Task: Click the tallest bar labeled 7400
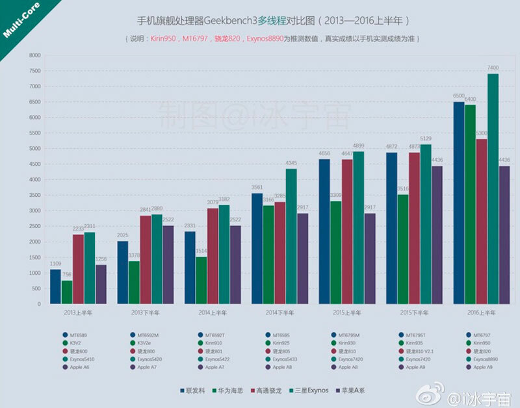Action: pyautogui.click(x=493, y=188)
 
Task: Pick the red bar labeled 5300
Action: pyautogui.click(x=482, y=221)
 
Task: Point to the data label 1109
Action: pyautogui.click(x=55, y=264)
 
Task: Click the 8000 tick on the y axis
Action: pyautogui.click(x=34, y=55)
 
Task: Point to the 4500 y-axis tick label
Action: pyautogui.click(x=34, y=164)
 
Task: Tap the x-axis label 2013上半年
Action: pyautogui.click(x=78, y=313)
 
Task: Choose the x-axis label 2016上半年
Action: pyautogui.click(x=482, y=313)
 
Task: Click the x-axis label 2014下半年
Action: pyautogui.click(x=279, y=313)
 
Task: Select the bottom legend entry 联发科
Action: pyautogui.click(x=195, y=390)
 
